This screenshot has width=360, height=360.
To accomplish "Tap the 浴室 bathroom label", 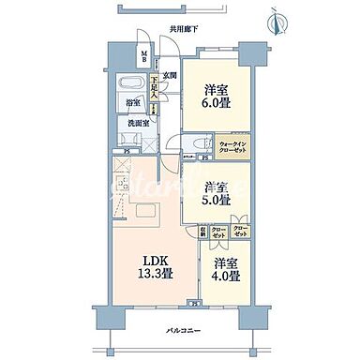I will (x=135, y=103).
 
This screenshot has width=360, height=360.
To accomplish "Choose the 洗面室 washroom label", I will (x=137, y=122).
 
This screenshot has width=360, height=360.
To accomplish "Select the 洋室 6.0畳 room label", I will (x=217, y=97).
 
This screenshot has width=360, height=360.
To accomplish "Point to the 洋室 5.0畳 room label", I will (x=217, y=191).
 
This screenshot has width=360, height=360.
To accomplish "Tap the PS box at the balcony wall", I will (x=194, y=302).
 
